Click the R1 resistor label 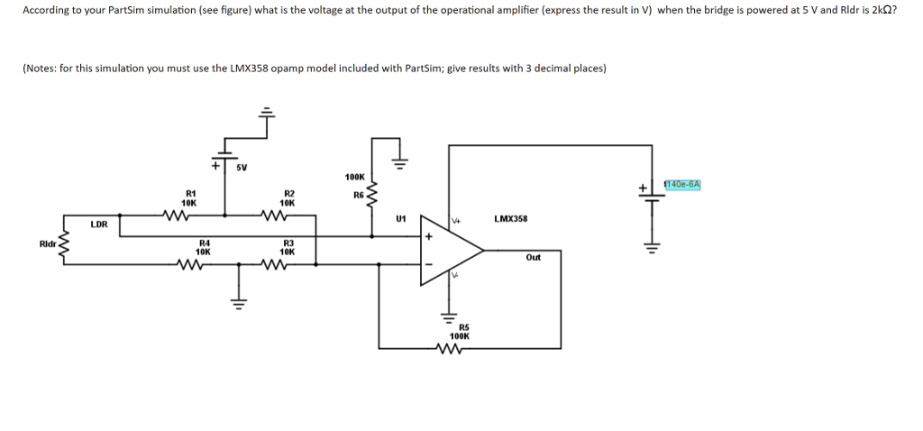(190, 193)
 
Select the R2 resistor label (289, 193)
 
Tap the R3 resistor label (289, 243)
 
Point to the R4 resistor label (205, 243)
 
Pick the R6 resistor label (358, 194)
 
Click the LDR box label (99, 224)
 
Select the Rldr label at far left (47, 243)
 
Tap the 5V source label (242, 168)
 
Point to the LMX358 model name (511, 219)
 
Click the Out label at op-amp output (534, 257)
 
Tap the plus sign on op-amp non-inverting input (429, 236)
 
